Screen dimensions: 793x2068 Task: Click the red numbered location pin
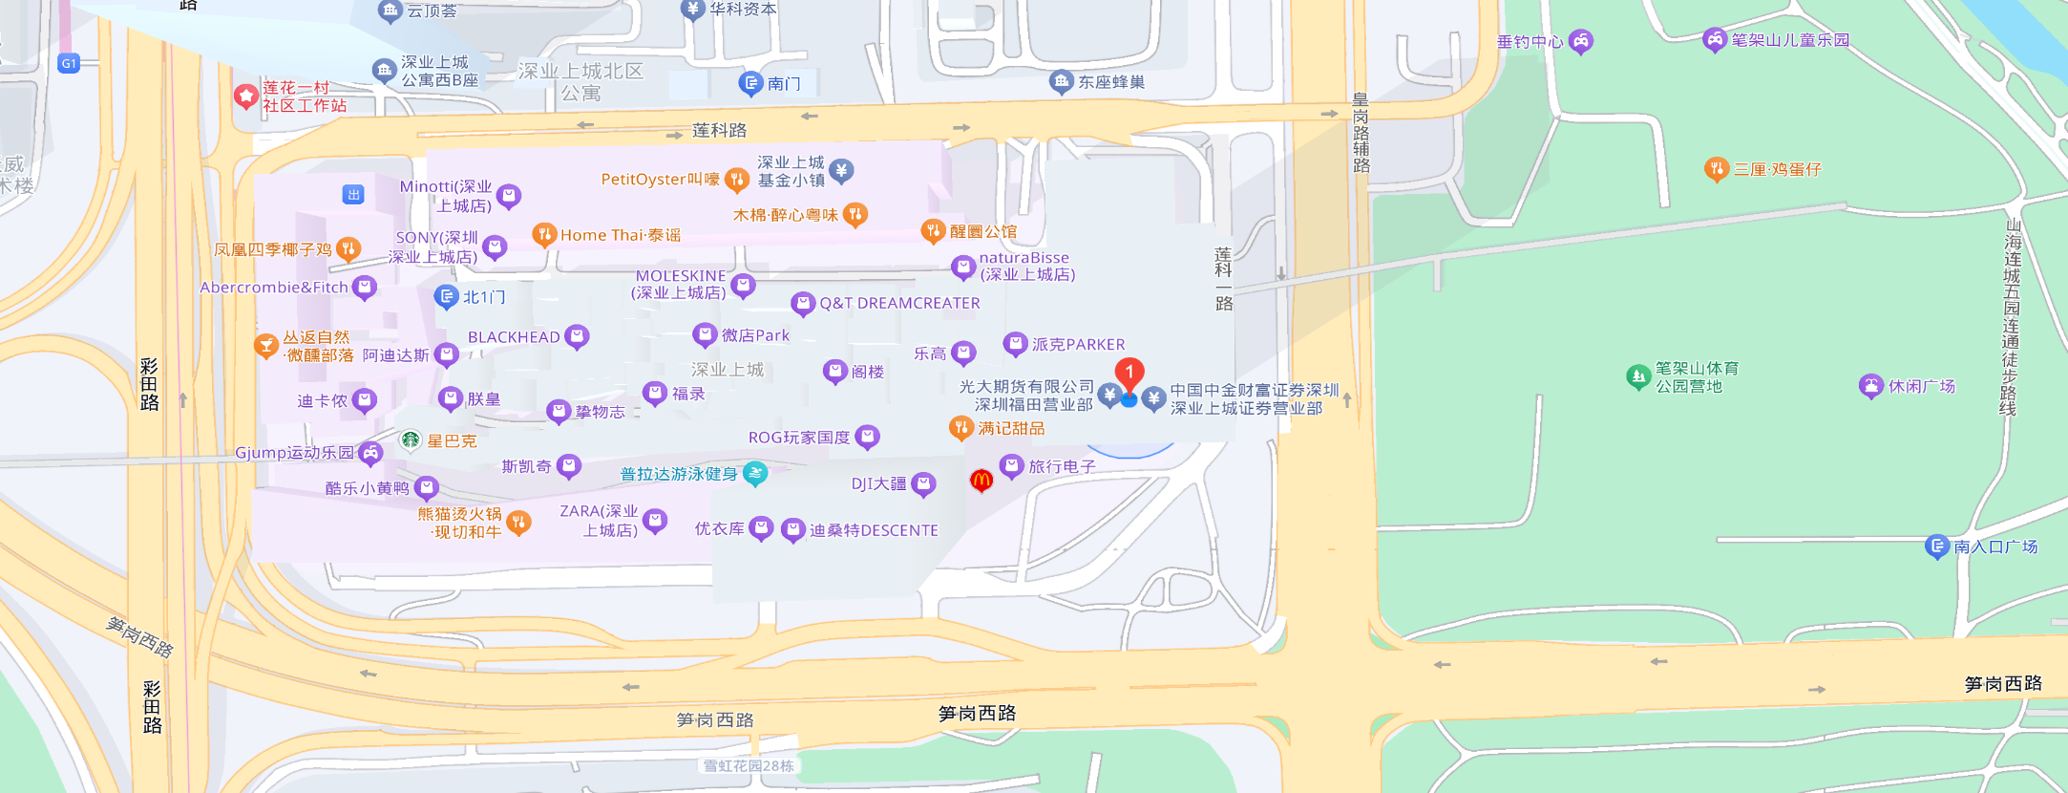pyautogui.click(x=1129, y=373)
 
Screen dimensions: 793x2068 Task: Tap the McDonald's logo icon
pyautogui.click(x=981, y=481)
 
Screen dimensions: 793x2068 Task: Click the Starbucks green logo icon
pyautogui.click(x=411, y=439)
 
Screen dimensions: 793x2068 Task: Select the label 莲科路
pyautogui.click(x=719, y=130)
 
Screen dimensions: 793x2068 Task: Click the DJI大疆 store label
pyautogui.click(x=878, y=484)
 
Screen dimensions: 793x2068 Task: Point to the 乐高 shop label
pyautogui.click(x=930, y=354)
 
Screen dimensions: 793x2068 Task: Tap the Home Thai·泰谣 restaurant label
pyautogui.click(x=621, y=235)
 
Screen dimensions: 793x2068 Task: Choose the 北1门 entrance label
pyautogui.click(x=484, y=297)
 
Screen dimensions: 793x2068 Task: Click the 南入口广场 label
pyautogui.click(x=1995, y=547)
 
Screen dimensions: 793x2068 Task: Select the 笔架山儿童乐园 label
pyautogui.click(x=1790, y=40)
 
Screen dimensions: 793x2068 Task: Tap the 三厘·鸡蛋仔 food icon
pyautogui.click(x=1716, y=169)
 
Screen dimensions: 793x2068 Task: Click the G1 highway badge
pyautogui.click(x=69, y=64)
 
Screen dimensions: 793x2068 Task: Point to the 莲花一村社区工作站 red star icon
pyautogui.click(x=246, y=96)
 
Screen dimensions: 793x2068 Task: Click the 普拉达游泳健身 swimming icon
pyautogui.click(x=755, y=473)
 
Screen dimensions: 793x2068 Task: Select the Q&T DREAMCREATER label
pyautogui.click(x=899, y=303)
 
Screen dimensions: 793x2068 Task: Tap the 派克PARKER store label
pyautogui.click(x=1078, y=344)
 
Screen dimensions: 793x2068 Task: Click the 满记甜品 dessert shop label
pyautogui.click(x=1011, y=428)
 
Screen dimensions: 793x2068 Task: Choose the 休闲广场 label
pyautogui.click(x=1921, y=386)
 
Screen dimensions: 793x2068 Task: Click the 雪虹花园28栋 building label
pyautogui.click(x=749, y=765)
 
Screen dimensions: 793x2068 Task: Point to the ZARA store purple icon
pyautogui.click(x=655, y=521)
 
